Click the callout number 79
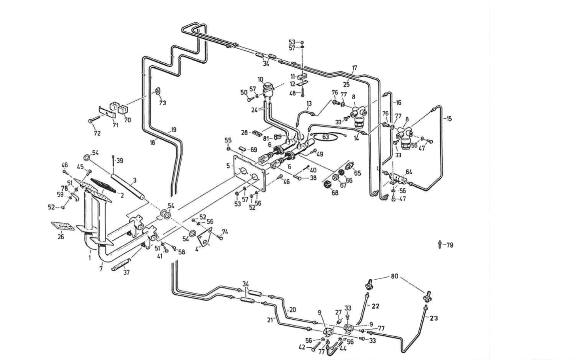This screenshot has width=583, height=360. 449,245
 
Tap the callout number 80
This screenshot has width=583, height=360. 395,276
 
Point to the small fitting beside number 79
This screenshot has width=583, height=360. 440,244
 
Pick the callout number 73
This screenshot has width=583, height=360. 163,103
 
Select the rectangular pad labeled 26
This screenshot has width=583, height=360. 62,226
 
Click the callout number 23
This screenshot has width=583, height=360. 433,318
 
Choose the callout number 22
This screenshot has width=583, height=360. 375,306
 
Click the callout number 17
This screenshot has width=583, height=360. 354,68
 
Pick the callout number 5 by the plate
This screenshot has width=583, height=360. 228,166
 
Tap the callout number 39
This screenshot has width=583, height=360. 120,161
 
